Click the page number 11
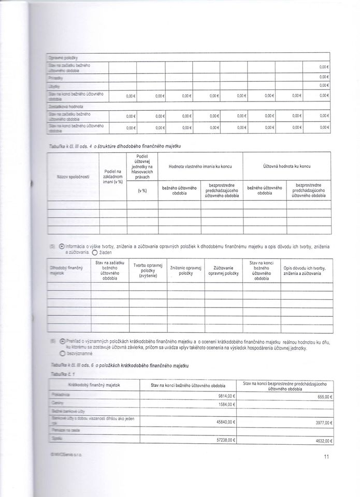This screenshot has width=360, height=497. [326, 456]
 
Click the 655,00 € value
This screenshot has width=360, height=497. [323, 396]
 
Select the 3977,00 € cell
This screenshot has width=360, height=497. [322, 422]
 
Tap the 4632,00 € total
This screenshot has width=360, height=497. [322, 440]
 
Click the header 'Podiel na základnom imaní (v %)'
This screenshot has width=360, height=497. [112, 176]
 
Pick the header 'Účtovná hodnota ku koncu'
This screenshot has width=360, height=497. [286, 166]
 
